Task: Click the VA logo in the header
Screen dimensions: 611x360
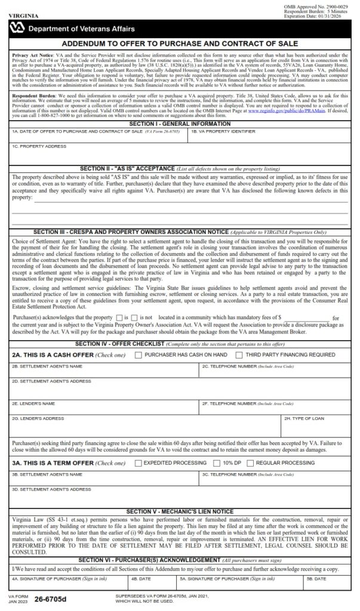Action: [x=17, y=29]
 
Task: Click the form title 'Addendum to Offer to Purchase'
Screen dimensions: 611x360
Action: [x=180, y=44]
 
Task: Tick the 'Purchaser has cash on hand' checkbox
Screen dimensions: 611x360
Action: [x=139, y=355]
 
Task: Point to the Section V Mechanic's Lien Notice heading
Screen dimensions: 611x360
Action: [x=180, y=511]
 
